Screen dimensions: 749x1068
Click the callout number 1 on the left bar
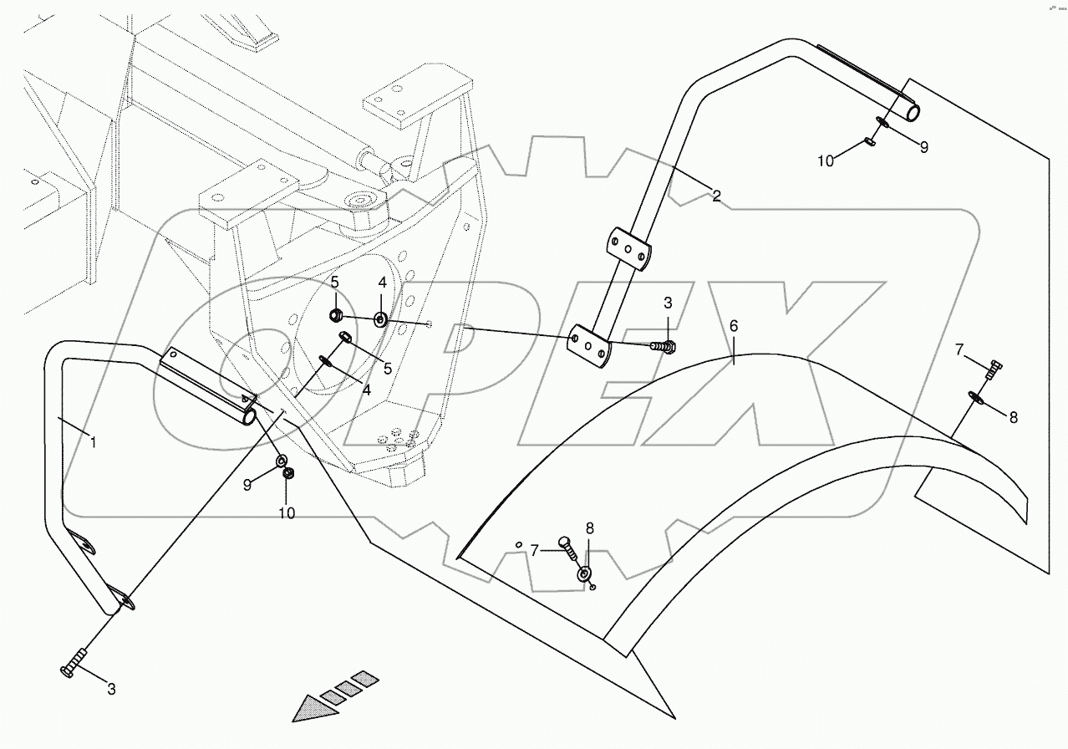[94, 441]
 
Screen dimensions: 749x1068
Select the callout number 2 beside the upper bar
[716, 197]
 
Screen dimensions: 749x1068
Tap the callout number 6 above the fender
[734, 326]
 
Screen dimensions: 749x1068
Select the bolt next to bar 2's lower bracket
[663, 345]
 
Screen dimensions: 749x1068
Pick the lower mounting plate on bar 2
[590, 346]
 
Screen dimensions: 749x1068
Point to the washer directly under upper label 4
[380, 318]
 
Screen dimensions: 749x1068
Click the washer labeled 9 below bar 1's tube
[281, 461]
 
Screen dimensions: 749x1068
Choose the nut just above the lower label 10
[288, 474]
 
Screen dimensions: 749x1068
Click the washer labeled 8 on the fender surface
[585, 576]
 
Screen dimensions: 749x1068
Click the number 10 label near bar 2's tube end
[825, 160]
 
